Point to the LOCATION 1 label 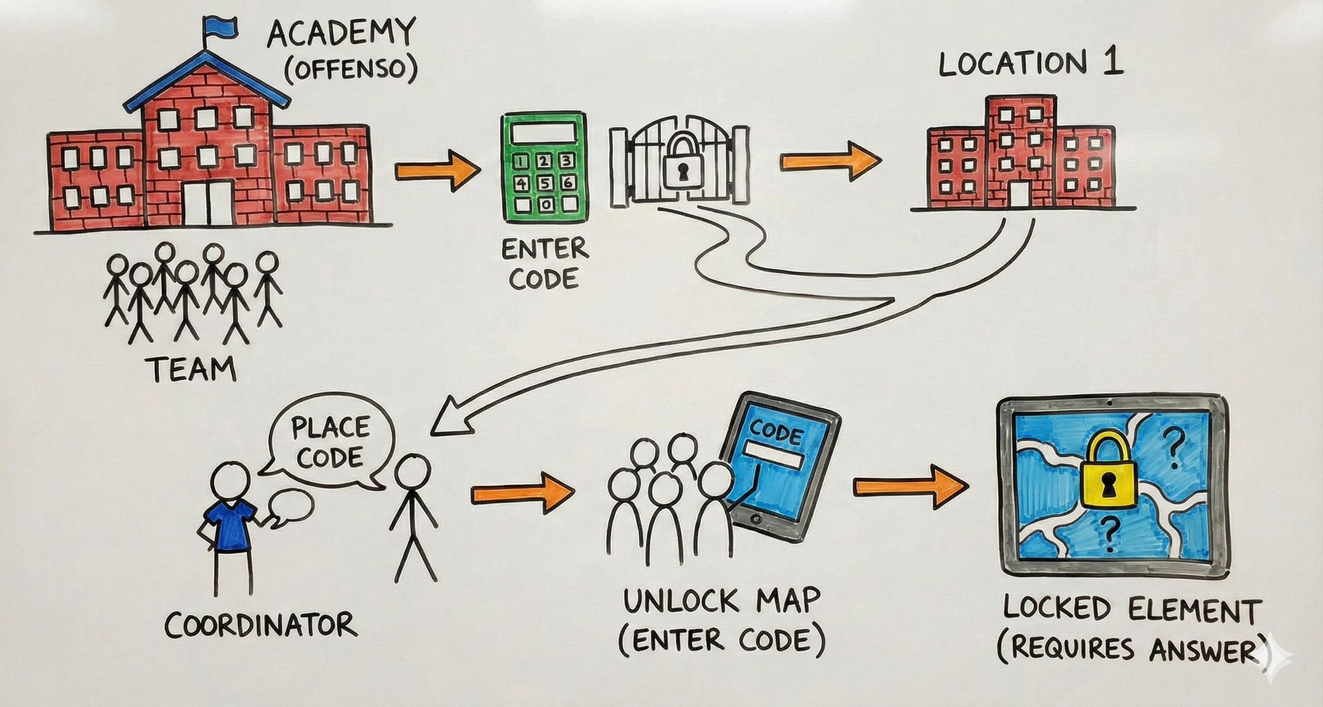(x=1031, y=65)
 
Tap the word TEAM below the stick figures (x=192, y=369)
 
